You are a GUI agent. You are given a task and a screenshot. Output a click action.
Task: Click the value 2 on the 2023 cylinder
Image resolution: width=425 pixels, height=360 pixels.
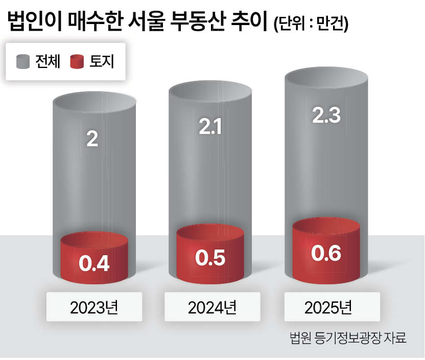92,139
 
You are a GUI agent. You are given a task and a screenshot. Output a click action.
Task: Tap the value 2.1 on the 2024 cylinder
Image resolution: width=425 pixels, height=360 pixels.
209,127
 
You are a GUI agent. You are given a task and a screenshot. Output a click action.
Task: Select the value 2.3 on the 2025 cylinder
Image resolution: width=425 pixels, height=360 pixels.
325,115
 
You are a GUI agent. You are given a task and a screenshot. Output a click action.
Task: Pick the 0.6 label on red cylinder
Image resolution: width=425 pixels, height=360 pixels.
326,253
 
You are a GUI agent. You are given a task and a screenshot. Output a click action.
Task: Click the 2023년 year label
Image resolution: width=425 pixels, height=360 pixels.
94,307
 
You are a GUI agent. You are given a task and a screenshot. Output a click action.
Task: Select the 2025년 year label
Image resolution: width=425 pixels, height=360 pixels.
327,307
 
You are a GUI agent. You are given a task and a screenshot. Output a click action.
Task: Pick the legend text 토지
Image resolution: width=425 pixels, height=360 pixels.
101,62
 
